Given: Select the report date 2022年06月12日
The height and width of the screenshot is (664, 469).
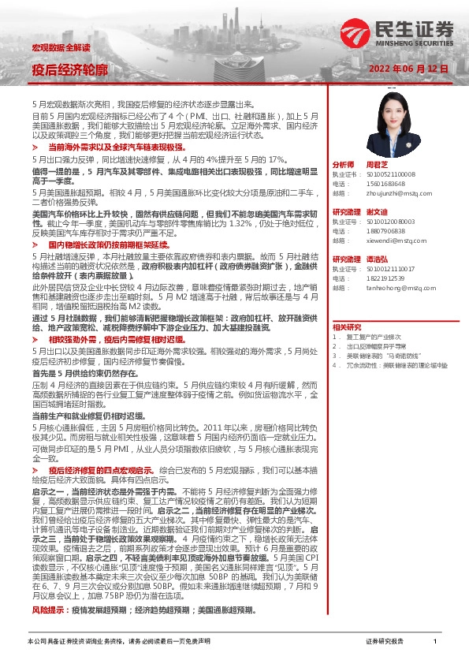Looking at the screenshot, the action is pos(409,69).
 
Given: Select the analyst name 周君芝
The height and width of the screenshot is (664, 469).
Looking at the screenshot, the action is pos(378,165).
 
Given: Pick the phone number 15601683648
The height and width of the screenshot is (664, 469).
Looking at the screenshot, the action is pos(385,183).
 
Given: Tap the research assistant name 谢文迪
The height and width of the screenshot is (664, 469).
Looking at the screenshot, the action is pos(378,212).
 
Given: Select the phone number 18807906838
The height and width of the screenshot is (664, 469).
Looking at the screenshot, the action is pos(385,230).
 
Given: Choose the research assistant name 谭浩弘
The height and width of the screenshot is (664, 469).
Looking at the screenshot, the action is pos(378,259).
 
